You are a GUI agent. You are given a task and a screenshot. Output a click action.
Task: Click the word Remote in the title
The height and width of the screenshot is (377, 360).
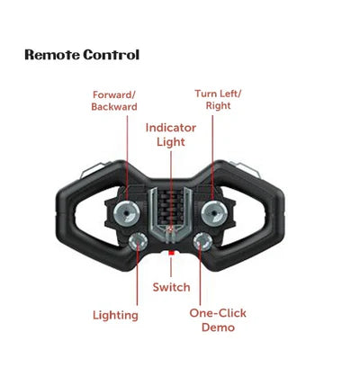52,55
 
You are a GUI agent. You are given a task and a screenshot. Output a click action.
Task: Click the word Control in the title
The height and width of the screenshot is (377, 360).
112,55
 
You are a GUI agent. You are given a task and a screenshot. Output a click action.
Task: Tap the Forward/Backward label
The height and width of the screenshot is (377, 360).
114,101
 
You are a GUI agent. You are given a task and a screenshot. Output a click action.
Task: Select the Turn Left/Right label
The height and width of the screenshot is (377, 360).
218,100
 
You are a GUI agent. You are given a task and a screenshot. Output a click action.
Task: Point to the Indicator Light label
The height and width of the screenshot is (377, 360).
171,135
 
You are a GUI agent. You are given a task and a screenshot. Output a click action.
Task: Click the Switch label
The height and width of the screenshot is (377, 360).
171,287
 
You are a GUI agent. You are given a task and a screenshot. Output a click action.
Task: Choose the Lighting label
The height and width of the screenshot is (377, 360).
115,315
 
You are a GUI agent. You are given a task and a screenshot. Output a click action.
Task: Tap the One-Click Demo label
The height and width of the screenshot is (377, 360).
218,320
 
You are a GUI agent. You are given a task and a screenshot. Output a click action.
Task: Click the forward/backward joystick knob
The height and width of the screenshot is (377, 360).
127,213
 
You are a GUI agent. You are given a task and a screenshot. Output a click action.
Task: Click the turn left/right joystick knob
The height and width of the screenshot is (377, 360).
214,213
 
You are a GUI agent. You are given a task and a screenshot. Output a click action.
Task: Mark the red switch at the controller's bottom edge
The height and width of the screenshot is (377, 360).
171,253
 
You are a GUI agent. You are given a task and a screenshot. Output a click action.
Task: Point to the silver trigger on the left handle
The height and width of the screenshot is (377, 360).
91,170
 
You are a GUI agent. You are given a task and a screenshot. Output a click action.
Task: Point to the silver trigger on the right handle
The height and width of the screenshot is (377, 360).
247,169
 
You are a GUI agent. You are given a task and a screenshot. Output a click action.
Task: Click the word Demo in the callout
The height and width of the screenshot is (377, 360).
218,328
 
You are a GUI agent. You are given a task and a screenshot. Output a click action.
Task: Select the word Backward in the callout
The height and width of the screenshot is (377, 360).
114,107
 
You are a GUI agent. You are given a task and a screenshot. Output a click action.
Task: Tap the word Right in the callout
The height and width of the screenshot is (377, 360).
219,105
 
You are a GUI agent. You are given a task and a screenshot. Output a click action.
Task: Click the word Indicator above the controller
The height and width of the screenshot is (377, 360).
171,128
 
